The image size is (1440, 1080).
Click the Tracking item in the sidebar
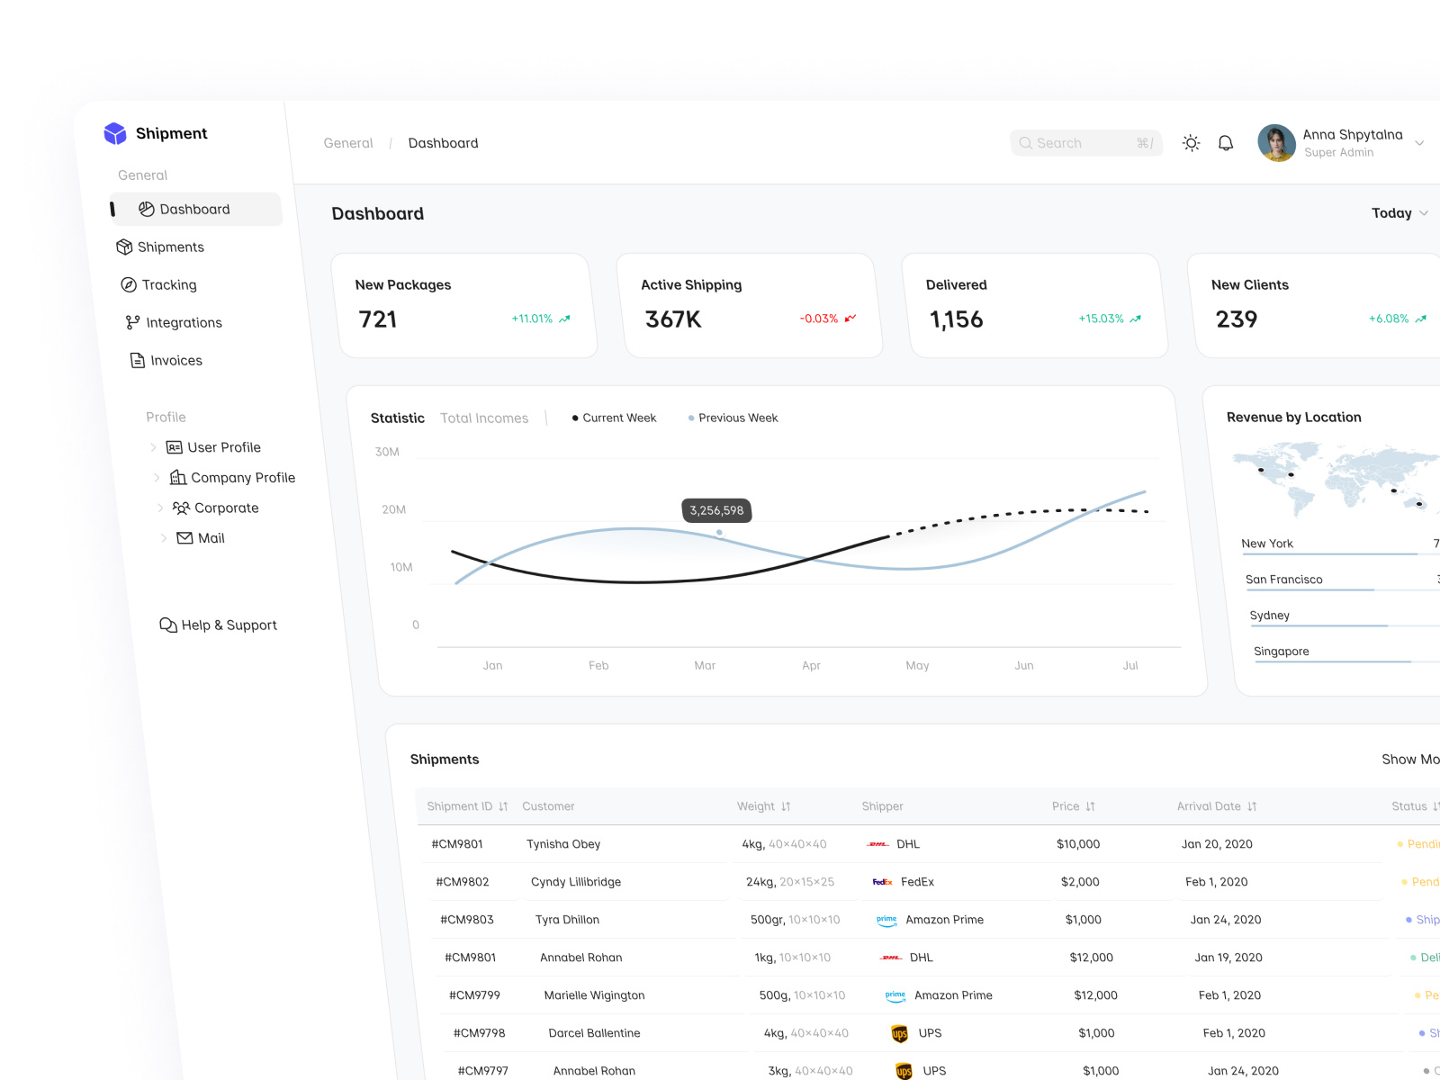tap(168, 284)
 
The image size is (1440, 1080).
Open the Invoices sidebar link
tap(175, 360)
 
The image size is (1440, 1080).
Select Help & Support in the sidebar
tap(229, 625)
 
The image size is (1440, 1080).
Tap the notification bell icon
tap(1225, 143)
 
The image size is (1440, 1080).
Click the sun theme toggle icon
tap(1191, 143)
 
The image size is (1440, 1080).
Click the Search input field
tap(1084, 143)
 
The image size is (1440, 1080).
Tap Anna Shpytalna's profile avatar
tap(1275, 143)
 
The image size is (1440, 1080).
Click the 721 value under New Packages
tap(378, 319)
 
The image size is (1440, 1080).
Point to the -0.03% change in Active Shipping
tap(819, 319)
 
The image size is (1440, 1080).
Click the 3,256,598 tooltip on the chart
tap(716, 510)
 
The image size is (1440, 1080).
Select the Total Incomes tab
tap(484, 418)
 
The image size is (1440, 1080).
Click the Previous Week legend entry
tap(737, 418)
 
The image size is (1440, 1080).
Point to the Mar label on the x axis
tap(705, 665)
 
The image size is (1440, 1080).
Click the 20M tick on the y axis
tap(393, 509)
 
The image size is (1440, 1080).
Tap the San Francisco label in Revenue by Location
tap(1283, 580)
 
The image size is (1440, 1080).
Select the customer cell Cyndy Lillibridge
tap(576, 882)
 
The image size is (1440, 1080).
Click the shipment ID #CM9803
tap(466, 920)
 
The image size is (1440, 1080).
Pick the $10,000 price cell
tap(1078, 844)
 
